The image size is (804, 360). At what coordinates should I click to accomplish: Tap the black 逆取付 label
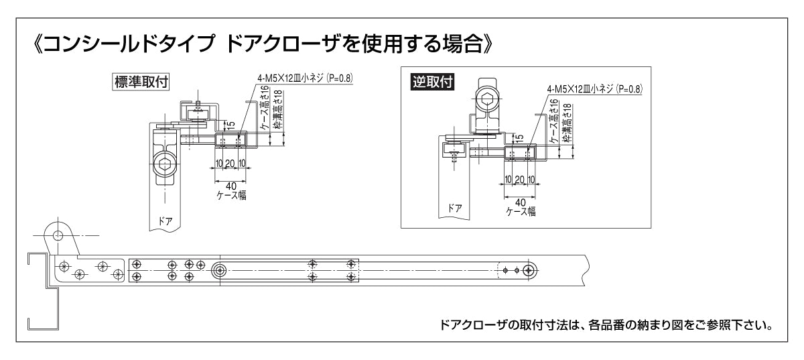(x=432, y=82)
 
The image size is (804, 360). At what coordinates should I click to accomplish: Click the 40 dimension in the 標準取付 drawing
(x=230, y=185)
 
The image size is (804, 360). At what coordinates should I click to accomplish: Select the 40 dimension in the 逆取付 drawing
(x=520, y=201)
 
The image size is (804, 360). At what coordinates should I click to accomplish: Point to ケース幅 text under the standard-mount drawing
(x=230, y=195)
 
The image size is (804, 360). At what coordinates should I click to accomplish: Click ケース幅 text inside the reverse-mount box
(x=521, y=211)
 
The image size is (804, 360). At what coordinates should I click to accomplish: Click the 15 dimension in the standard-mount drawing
(x=230, y=124)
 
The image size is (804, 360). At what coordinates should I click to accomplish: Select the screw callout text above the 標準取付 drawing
(x=305, y=78)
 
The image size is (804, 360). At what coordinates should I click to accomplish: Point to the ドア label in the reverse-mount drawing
(x=454, y=208)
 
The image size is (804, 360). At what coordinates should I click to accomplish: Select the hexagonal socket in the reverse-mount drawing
(x=488, y=102)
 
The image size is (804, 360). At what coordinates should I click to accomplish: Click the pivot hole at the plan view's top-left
(x=58, y=235)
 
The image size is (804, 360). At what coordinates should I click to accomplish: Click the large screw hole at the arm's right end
(x=529, y=270)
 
